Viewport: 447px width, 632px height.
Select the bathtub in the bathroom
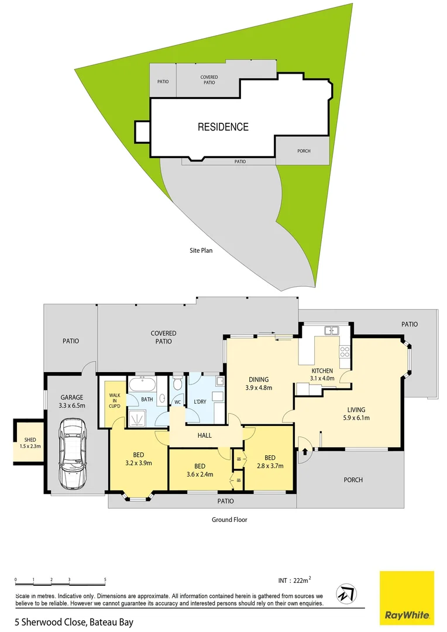[x=142, y=386]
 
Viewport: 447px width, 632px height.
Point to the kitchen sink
[x=332, y=331]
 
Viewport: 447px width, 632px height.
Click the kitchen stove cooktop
[x=345, y=352]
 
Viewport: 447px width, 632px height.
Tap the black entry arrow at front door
[x=305, y=451]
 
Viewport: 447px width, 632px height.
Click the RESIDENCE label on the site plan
[x=223, y=127]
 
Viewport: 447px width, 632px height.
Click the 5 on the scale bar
[x=105, y=580]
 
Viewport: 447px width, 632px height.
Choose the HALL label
[x=204, y=435]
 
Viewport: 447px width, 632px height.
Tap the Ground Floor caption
[x=229, y=519]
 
